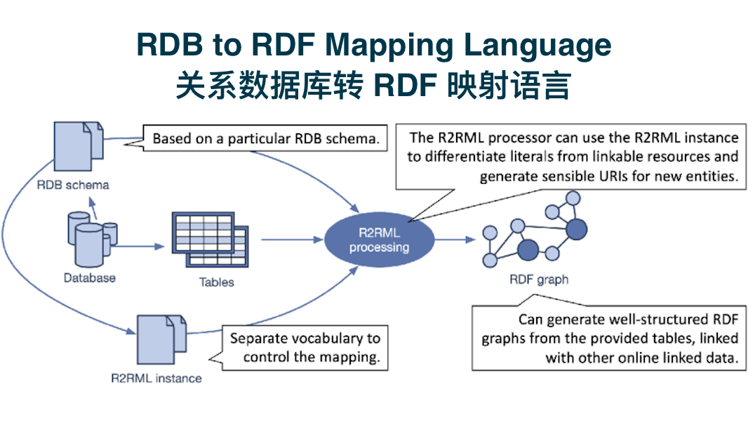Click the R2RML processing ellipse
point(379,239)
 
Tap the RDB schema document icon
point(78,147)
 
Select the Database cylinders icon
point(92,239)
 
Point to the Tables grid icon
point(210,239)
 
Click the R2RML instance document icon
point(161,340)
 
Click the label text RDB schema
point(73,185)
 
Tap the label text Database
point(90,278)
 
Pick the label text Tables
point(217,282)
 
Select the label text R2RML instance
point(156,379)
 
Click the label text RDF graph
point(539,279)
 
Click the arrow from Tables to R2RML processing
point(293,239)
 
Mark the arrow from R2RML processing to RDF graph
point(455,239)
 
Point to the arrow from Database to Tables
point(138,246)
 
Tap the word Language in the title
point(537,46)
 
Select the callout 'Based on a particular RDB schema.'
point(265,138)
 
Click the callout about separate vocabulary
point(305,347)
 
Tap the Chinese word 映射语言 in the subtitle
point(509,86)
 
